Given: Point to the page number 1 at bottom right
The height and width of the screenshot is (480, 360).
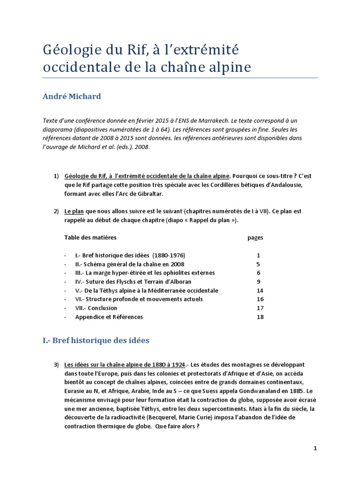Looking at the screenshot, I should (315, 448).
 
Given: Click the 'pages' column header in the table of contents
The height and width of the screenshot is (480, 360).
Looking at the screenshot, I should (255, 237).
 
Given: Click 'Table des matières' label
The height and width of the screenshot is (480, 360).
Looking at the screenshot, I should (90, 237).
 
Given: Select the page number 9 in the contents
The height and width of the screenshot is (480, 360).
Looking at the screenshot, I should (258, 282).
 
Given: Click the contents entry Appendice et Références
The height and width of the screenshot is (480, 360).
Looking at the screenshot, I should (109, 317).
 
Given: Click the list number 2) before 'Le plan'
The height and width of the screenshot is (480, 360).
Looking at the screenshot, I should (56, 211).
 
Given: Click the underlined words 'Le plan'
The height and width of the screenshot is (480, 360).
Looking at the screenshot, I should (75, 211).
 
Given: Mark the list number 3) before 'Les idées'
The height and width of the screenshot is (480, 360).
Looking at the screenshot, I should (56, 365).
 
